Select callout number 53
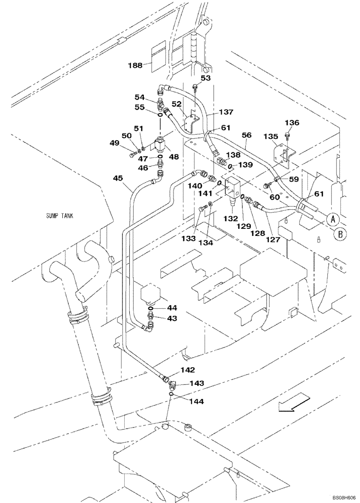coord(206,78)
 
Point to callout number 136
coord(292,122)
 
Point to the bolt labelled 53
coord(195,90)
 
